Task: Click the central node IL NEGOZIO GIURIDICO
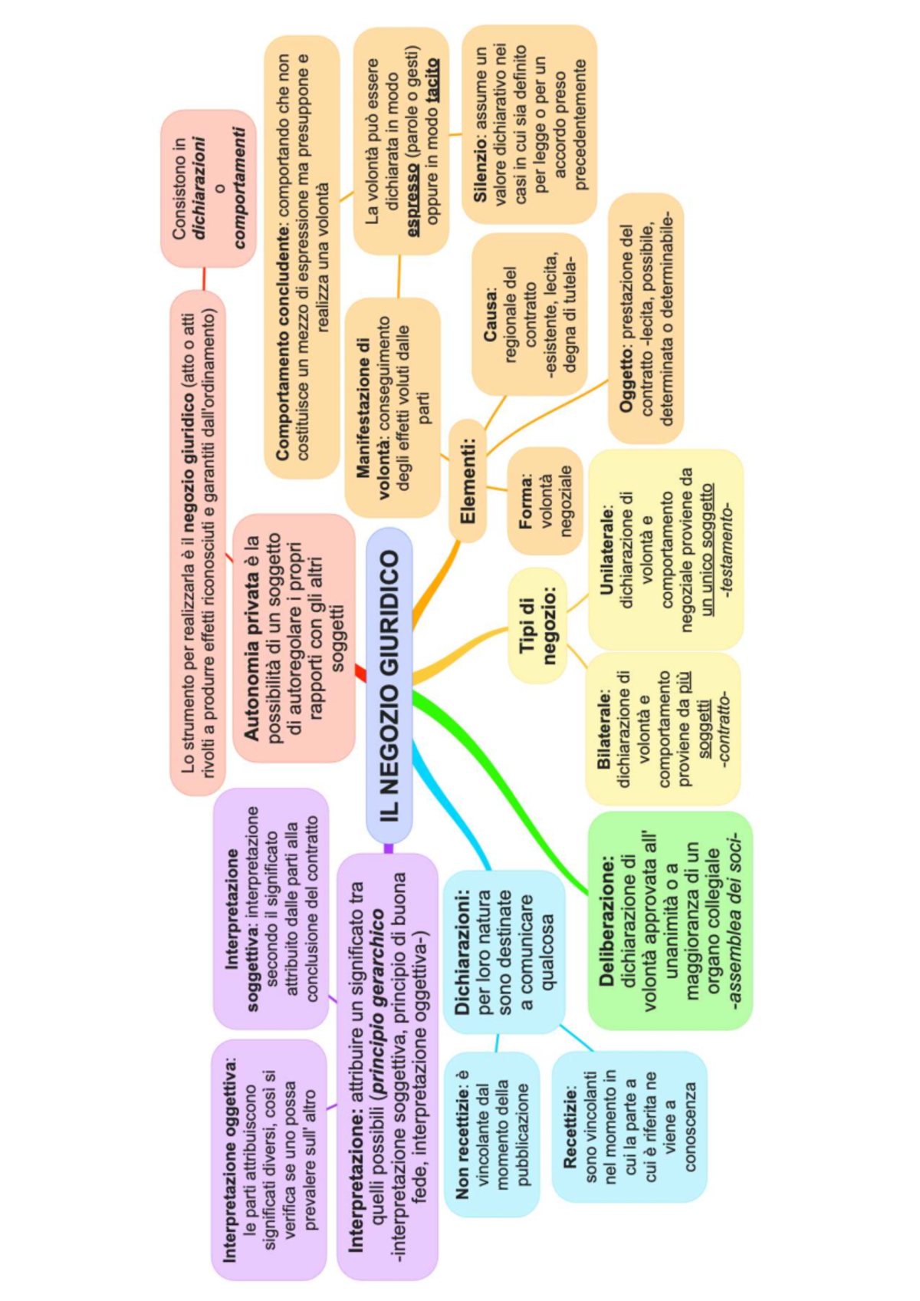(389, 685)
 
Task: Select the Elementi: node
(468, 481)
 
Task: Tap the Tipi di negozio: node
(537, 625)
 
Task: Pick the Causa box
(529, 315)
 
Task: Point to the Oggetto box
(646, 319)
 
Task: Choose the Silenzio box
(529, 124)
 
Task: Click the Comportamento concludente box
(302, 257)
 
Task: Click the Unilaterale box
(665, 549)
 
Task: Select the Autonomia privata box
(294, 637)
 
